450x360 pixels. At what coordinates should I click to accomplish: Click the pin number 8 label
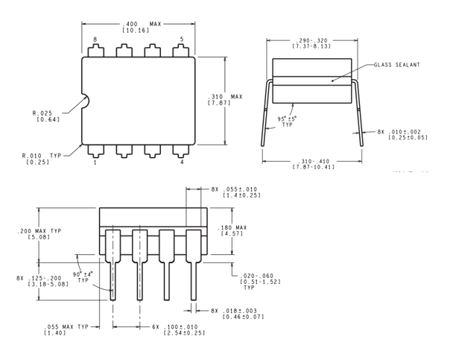95,39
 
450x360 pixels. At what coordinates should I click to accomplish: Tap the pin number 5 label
181,39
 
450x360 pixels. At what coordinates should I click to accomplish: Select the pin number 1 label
95,162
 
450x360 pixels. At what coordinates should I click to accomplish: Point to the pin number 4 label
181,162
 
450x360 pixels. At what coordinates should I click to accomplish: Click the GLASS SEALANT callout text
399,65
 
